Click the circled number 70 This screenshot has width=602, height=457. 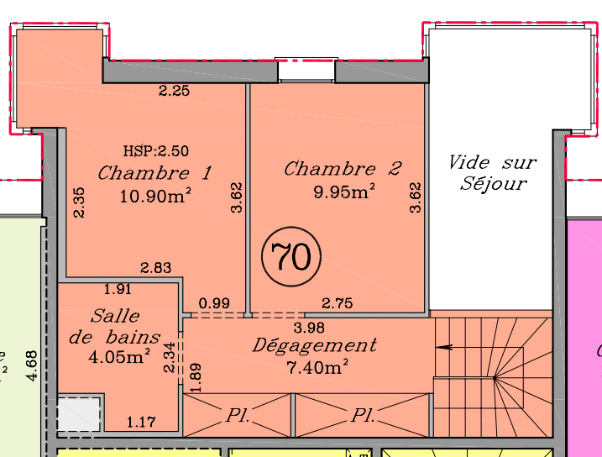click(x=291, y=256)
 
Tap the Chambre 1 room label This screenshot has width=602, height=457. click(x=154, y=173)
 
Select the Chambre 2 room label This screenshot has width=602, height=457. click(x=343, y=169)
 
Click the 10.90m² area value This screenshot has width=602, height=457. click(x=155, y=196)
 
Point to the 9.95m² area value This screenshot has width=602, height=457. click(x=344, y=192)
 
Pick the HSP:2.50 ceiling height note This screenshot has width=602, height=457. click(x=156, y=151)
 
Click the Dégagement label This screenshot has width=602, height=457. click(x=315, y=345)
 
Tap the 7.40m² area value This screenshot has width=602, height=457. click(x=317, y=367)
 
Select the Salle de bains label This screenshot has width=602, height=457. click(x=114, y=327)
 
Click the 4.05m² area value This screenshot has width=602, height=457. click(x=119, y=356)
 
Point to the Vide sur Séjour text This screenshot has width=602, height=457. click(x=493, y=173)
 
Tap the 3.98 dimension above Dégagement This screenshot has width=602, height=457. click(x=309, y=328)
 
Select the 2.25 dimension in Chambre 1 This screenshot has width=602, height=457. click(x=175, y=91)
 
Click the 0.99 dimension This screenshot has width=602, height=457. click(x=214, y=303)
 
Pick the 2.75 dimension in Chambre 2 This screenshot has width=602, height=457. click(x=337, y=303)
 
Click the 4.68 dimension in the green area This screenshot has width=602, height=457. click(x=32, y=365)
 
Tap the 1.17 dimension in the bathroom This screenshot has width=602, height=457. click(x=141, y=423)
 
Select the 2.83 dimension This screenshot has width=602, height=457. click(x=155, y=267)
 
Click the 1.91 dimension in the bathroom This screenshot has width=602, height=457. click(x=118, y=289)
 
